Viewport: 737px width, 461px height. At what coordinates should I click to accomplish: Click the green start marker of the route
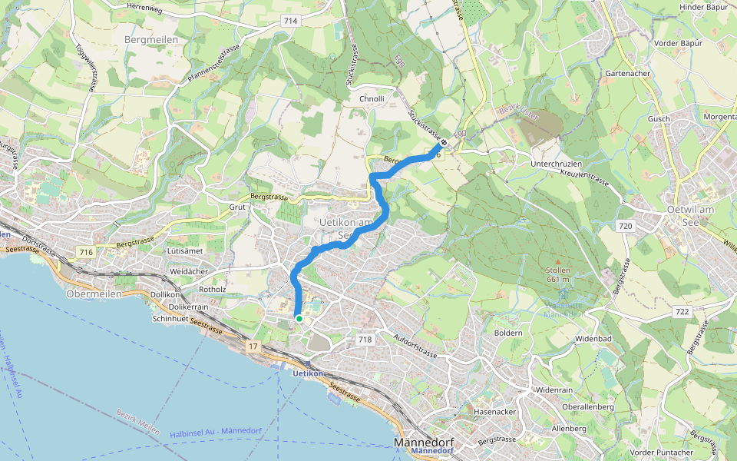(x=298, y=318)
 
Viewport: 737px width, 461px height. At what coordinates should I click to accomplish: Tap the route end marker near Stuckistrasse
(x=444, y=142)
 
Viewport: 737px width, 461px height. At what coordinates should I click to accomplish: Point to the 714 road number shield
(x=289, y=21)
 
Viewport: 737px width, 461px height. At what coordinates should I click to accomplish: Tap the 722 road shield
(x=680, y=311)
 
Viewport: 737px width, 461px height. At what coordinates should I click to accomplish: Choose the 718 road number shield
(x=365, y=339)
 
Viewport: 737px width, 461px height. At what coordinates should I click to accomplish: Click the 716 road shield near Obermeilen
(x=85, y=252)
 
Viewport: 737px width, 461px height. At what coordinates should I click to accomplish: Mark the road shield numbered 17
(x=253, y=347)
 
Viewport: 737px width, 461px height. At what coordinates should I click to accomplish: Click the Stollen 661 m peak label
(x=557, y=275)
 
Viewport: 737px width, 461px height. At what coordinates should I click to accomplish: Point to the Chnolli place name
(x=372, y=99)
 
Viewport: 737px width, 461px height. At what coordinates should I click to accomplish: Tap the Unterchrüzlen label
(x=557, y=164)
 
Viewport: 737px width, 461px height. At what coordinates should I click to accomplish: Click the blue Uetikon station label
(x=308, y=373)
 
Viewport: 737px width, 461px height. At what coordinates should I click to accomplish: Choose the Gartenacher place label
(x=628, y=73)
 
